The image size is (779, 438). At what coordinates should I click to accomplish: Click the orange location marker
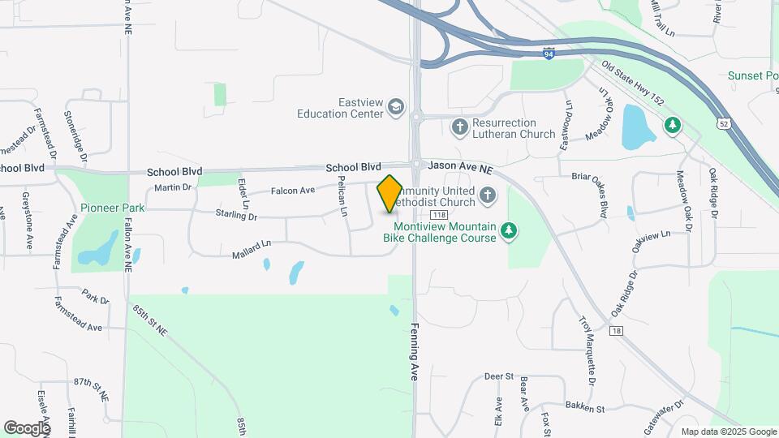click(389, 193)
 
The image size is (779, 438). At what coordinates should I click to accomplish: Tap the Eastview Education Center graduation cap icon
click(395, 108)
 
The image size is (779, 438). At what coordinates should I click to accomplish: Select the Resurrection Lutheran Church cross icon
click(460, 126)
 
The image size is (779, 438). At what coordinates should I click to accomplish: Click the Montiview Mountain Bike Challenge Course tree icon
click(509, 232)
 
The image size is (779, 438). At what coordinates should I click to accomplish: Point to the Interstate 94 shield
click(549, 53)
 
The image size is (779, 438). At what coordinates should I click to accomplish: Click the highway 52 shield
click(722, 123)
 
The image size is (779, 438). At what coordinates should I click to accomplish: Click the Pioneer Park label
click(112, 208)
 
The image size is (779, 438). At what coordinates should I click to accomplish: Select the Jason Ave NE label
click(460, 165)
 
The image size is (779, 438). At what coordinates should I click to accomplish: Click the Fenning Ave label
click(412, 360)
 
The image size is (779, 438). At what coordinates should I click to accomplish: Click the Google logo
click(27, 427)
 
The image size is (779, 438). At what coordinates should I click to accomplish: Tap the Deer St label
click(499, 376)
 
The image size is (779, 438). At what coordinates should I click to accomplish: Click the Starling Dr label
click(236, 217)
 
